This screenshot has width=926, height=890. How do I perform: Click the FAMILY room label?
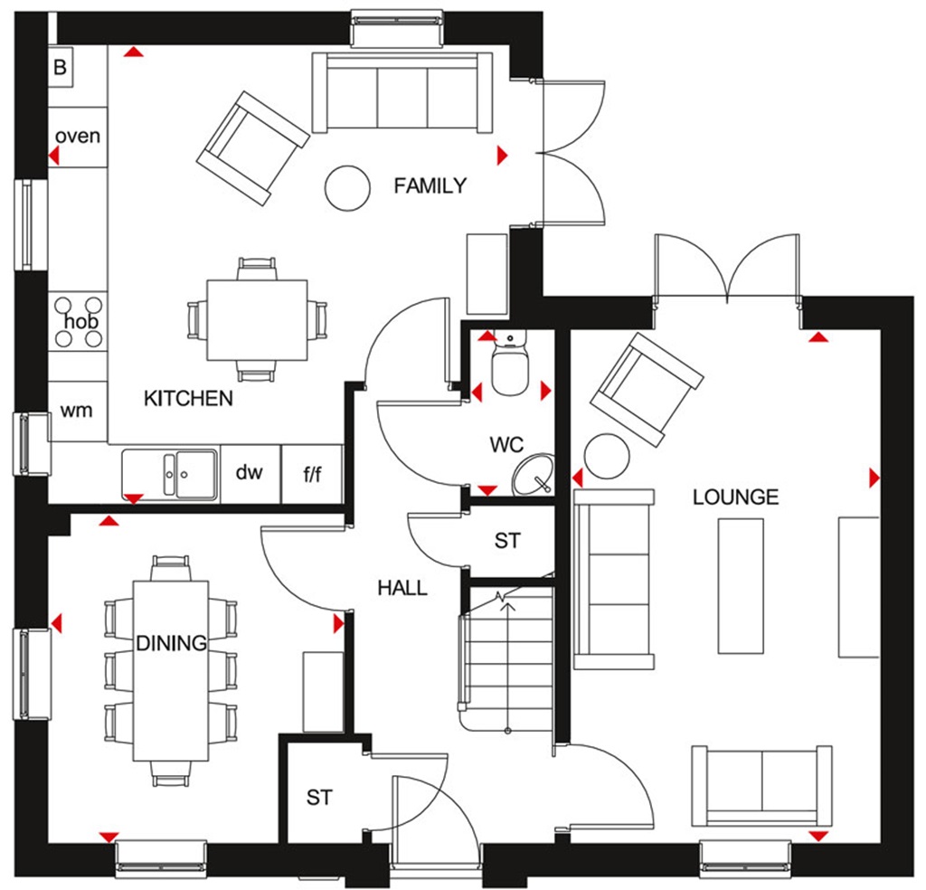pos(430,186)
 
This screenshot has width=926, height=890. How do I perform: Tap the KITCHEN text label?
pos(188,398)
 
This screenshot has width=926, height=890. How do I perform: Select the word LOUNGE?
pos(735,497)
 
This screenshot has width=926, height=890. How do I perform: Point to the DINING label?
pos(171,643)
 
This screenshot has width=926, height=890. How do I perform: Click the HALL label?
pos(402,588)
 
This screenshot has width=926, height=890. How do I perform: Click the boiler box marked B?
pos(61,68)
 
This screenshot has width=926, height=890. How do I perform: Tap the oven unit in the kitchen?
pos(77,137)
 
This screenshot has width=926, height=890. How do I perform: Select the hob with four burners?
pos(78,322)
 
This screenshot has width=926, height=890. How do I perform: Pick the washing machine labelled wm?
pos(77,411)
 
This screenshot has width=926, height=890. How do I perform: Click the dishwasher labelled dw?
pos(249,472)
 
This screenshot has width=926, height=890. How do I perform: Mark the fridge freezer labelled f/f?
pos(312,473)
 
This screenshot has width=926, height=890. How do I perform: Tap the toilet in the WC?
pos(510,367)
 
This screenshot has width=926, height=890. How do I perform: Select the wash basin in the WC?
pos(533,475)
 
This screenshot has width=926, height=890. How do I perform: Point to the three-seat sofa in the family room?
pos(402,93)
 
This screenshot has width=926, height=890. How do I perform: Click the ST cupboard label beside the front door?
pos(319,798)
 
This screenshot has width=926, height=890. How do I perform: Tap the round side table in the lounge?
pos(606,457)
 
